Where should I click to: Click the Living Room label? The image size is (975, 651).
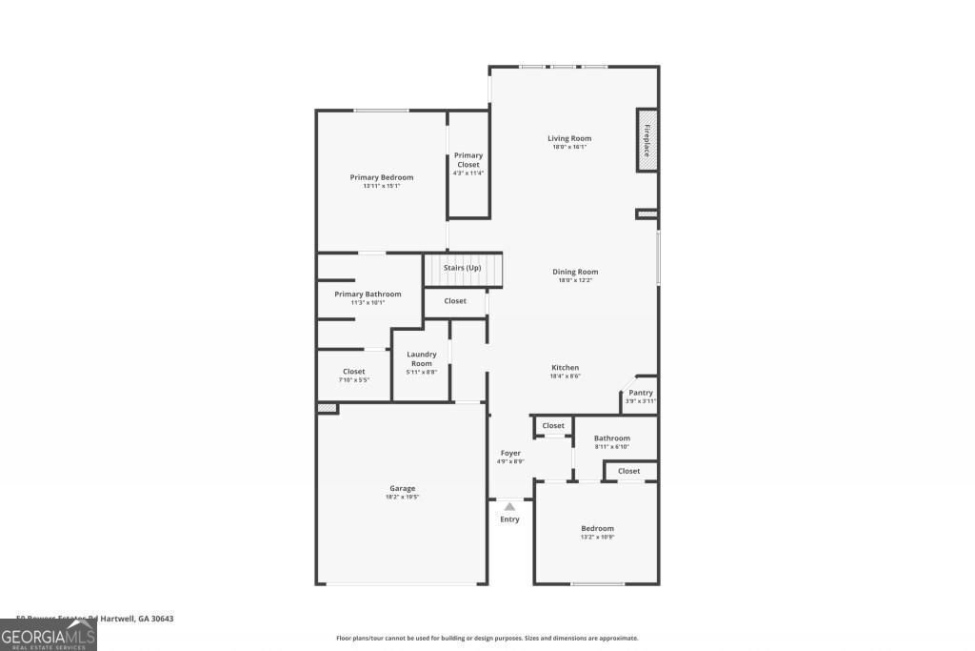569,138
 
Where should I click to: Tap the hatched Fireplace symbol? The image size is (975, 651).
647,140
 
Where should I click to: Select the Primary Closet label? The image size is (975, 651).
468,160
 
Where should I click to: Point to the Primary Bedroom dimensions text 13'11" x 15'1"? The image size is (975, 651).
381,186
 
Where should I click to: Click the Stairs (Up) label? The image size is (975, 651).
463,268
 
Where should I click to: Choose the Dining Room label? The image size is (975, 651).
575,272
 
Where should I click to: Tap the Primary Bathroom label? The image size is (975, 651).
368,295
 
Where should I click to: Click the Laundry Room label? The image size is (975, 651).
422,358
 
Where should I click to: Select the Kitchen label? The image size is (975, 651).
565,368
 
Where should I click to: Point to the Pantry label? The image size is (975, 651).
641,393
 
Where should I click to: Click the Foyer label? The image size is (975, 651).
510,453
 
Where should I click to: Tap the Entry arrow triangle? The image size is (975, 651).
510,507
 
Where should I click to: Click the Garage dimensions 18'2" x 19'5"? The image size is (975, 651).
402,497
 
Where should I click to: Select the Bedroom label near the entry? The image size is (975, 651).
598,528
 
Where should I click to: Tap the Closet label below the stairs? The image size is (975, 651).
455,301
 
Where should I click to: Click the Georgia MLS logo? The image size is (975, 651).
49,635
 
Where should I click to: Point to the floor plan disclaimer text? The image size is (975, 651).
487,639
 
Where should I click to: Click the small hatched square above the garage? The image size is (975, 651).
328,408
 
